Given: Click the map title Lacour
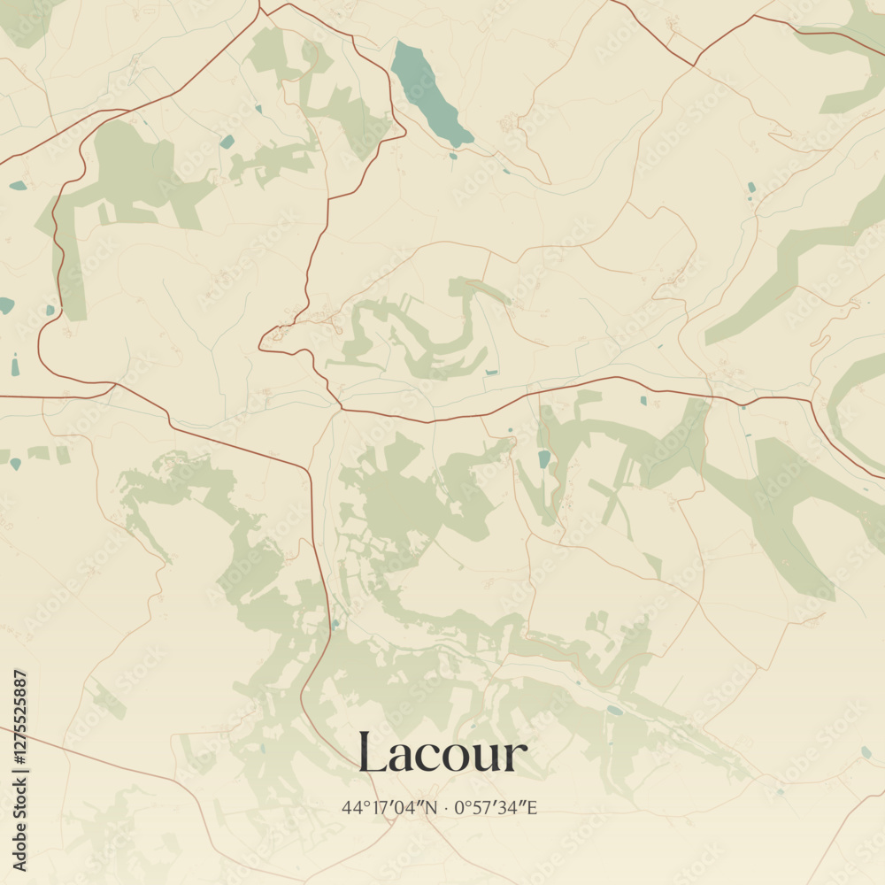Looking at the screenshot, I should [x=442, y=753].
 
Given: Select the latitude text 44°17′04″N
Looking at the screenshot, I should [x=389, y=807].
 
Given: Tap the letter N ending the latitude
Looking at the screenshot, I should [x=431, y=807].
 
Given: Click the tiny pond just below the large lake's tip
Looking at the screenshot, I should [x=453, y=157].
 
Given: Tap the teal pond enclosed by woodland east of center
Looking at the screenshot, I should [x=544, y=458].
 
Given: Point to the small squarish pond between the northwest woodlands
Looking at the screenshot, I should [x=227, y=142].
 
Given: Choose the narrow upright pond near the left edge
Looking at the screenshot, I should [x=15, y=365].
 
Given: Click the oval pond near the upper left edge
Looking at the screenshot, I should [x=18, y=186].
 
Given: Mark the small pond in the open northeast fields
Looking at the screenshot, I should [x=751, y=188].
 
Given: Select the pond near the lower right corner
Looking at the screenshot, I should [x=866, y=752].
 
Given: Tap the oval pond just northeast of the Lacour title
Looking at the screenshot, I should [x=614, y=710].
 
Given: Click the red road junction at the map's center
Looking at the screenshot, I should [x=341, y=408].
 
